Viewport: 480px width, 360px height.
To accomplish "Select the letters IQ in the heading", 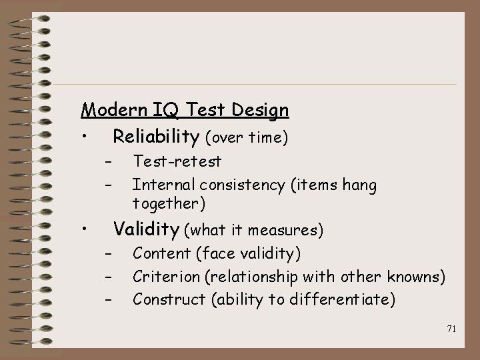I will [x=155, y=110].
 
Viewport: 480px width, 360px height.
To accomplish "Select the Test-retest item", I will [x=177, y=161].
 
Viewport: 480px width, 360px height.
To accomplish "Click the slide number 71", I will [x=451, y=329].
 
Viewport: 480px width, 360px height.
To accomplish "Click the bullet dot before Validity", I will [x=85, y=230].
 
